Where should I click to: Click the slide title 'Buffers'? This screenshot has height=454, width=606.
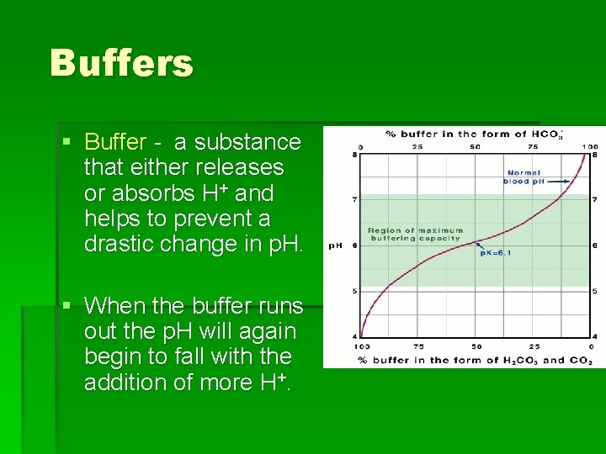click(121, 63)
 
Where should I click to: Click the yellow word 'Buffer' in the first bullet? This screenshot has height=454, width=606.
click(116, 142)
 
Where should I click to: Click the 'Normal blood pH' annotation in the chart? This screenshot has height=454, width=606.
click(524, 177)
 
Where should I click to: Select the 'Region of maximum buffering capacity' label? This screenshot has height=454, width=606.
click(415, 234)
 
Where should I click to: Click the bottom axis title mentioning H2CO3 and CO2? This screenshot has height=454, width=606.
click(476, 361)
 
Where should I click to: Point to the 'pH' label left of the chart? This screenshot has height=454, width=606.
click(334, 245)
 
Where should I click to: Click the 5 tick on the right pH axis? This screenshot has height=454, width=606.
click(596, 291)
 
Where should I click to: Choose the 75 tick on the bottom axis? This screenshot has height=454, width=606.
click(418, 346)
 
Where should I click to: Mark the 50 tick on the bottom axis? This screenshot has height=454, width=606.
click(476, 346)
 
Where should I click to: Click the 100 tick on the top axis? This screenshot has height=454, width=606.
click(589, 146)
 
